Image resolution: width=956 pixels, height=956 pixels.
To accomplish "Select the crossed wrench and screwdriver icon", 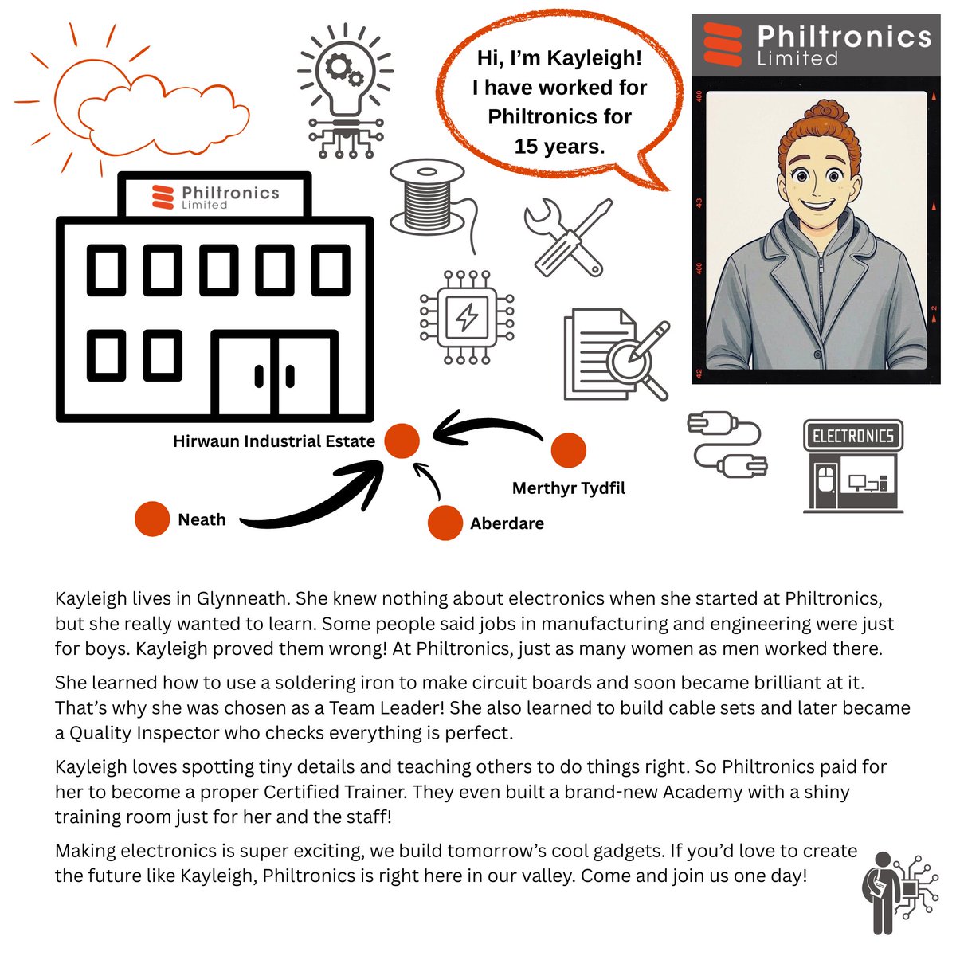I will click(x=569, y=237).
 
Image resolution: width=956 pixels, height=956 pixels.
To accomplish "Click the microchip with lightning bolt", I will click(x=466, y=317).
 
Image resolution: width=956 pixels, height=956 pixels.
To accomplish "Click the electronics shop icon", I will click(x=853, y=466).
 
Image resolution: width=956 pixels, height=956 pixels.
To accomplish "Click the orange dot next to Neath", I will click(x=152, y=519).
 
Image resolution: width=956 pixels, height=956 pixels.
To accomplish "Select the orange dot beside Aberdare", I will click(x=445, y=523).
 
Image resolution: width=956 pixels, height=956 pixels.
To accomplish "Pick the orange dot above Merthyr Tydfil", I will click(x=568, y=450).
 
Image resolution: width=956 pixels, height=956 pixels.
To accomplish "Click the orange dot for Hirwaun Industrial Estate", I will click(x=402, y=441).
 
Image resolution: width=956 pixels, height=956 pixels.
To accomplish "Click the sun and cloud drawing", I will click(x=135, y=104).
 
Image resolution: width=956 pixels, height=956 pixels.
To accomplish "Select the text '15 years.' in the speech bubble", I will click(x=559, y=147).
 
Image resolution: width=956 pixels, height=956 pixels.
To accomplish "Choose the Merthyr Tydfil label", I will click(x=568, y=488).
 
